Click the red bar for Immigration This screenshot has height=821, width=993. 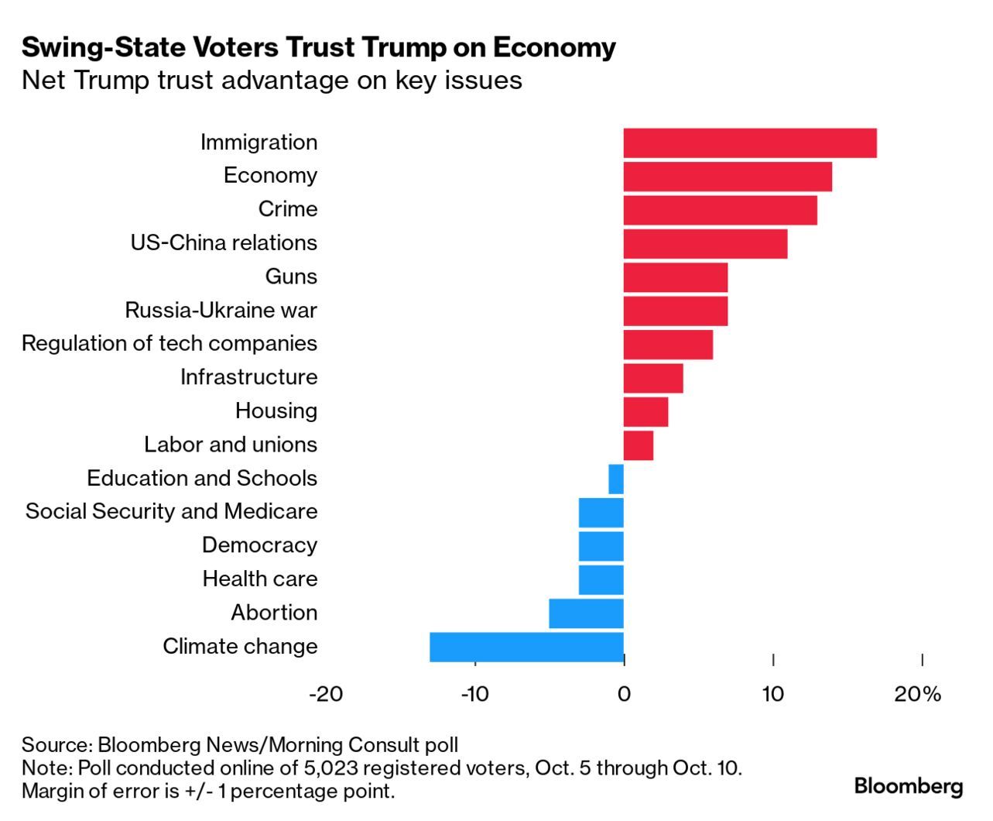click(x=749, y=143)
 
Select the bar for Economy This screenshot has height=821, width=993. click(x=728, y=177)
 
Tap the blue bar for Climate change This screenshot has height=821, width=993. click(x=526, y=647)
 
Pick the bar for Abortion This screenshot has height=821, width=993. click(x=586, y=613)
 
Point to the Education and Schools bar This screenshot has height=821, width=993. click(x=616, y=479)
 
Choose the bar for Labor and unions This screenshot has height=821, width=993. click(x=639, y=445)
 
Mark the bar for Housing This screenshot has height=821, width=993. click(x=645, y=411)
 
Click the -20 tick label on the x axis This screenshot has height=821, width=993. click(x=325, y=694)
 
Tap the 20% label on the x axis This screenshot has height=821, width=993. click(x=918, y=694)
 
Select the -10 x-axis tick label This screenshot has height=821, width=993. click(x=474, y=694)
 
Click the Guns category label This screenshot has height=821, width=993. click(x=291, y=277)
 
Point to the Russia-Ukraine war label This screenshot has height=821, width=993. click(x=221, y=311)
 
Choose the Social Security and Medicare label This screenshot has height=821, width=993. click(x=171, y=511)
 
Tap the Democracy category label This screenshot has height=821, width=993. click(x=259, y=545)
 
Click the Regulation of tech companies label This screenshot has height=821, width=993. click(x=169, y=343)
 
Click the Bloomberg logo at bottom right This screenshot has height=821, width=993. click(x=909, y=786)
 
